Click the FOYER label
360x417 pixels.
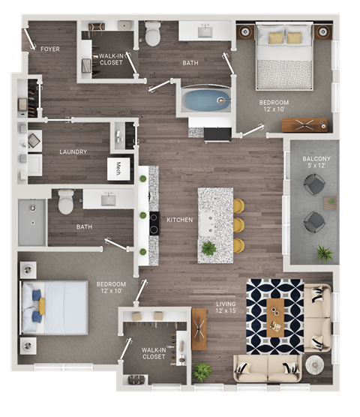point(50,49)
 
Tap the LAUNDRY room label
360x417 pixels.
point(73,151)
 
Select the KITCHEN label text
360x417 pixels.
point(180,220)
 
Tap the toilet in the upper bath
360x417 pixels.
point(154,34)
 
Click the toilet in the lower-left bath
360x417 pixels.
point(66,201)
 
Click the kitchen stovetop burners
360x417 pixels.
point(154,223)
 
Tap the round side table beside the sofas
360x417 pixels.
point(313,364)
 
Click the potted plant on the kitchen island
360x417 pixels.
point(208,248)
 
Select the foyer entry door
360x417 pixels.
point(29,37)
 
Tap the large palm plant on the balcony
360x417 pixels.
point(324,253)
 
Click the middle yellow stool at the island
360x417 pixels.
point(238,225)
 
